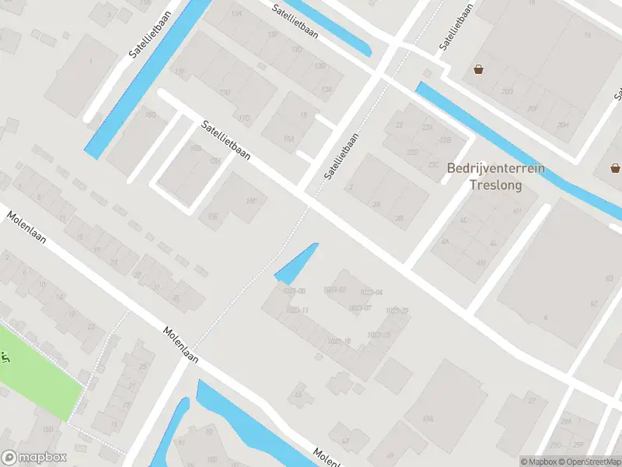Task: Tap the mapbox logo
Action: coord(34,458)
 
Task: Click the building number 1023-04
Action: coord(371,293)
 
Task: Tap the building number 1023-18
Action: coord(338,341)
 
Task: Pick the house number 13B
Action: coord(320,66)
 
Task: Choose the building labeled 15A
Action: coord(288,139)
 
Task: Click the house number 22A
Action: coord(426,128)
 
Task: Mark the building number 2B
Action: coord(399,219)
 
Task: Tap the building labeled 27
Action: coord(532,400)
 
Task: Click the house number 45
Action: coord(298,395)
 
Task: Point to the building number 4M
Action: coord(480,262)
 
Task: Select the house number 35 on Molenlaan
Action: coord(176,298)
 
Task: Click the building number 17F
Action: coord(272,36)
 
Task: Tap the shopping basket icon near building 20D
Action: coord(478,69)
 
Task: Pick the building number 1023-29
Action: coord(397,311)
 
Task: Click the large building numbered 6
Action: coord(546,317)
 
